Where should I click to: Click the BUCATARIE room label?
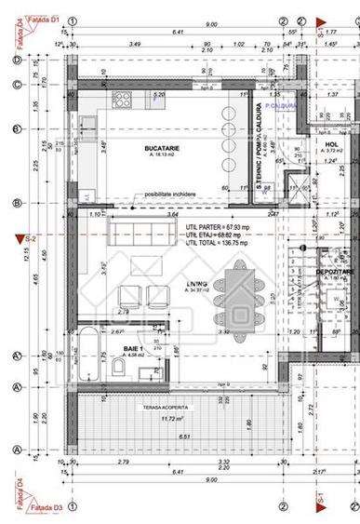pos(161,149)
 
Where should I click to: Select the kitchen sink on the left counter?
pos(85,145)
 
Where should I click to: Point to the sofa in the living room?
pos(145,229)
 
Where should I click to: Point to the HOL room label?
pos(329,145)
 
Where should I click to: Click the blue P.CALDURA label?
pos(280,106)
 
